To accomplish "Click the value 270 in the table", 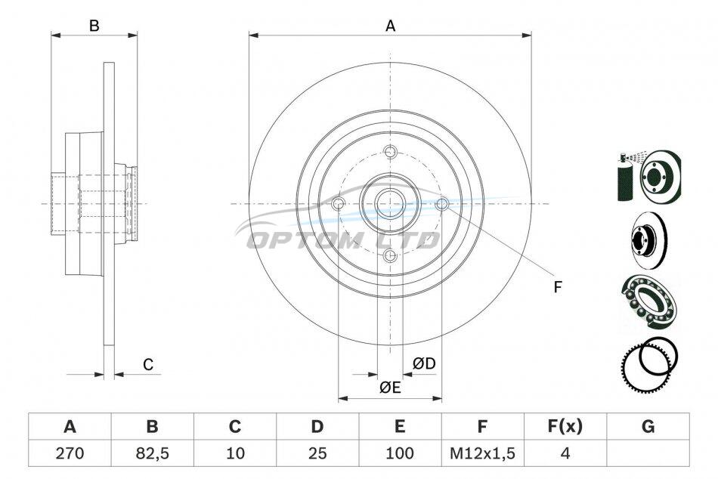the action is click(70, 453).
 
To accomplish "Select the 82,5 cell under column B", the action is click(153, 453).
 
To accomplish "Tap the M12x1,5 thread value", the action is click(482, 453).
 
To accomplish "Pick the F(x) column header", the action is click(565, 426).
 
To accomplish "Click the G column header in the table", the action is click(648, 426).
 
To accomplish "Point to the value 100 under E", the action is click(400, 453).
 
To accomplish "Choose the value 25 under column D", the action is click(317, 453).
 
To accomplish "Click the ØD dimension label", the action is click(424, 363).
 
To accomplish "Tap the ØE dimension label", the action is click(390, 388).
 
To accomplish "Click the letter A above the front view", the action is click(390, 26).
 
